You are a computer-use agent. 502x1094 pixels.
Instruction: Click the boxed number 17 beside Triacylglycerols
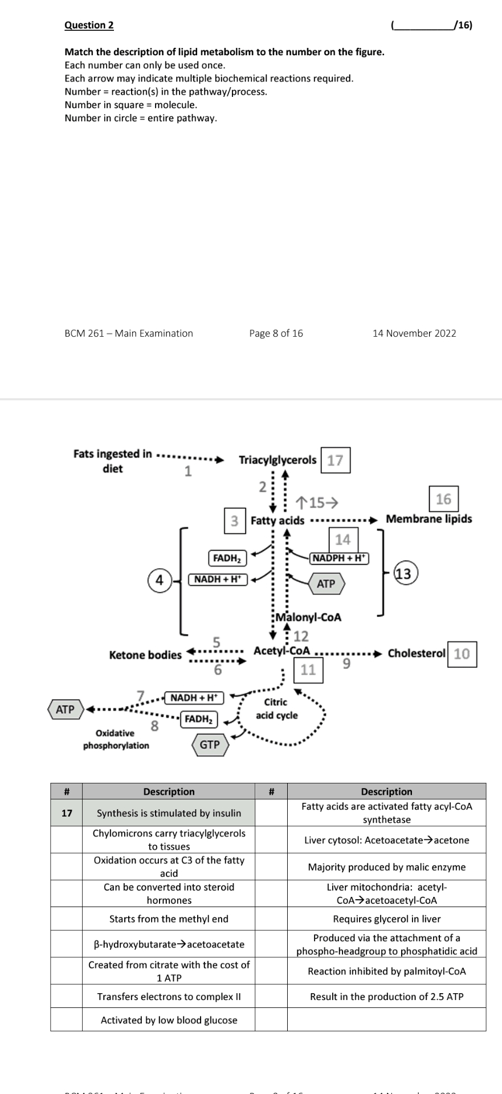click(336, 460)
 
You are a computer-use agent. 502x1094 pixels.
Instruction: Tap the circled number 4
click(160, 580)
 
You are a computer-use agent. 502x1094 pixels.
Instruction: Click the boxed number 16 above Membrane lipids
click(443, 499)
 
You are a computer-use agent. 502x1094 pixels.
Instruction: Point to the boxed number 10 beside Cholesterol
click(462, 654)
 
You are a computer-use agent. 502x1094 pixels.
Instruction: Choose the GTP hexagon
click(210, 745)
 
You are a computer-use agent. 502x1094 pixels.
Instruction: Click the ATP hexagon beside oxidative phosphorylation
click(66, 709)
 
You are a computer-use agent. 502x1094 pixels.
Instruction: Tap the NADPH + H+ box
click(340, 558)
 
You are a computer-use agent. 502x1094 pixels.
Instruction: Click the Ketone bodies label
click(145, 655)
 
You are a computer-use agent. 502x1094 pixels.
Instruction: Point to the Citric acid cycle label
click(276, 709)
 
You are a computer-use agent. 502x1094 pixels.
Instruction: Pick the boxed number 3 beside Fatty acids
click(234, 520)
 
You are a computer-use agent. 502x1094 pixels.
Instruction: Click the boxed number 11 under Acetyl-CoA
click(308, 670)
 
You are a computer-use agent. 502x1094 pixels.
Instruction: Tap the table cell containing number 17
click(67, 813)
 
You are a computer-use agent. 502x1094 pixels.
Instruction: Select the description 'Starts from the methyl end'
click(169, 919)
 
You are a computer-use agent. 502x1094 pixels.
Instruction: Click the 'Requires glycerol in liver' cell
click(386, 919)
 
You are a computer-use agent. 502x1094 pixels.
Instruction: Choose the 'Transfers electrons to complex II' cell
click(169, 997)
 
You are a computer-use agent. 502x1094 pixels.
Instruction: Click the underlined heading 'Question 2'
click(89, 25)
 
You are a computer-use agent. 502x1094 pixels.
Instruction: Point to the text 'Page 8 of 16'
click(276, 333)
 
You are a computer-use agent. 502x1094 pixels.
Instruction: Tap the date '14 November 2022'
click(414, 333)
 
